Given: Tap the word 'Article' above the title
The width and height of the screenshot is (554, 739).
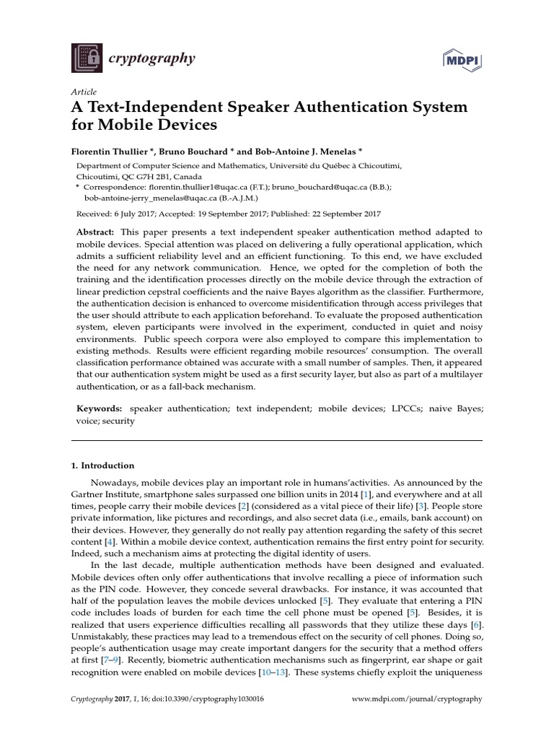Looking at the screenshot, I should click(x=83, y=92).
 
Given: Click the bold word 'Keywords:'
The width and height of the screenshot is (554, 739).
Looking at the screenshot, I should click(x=100, y=408).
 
